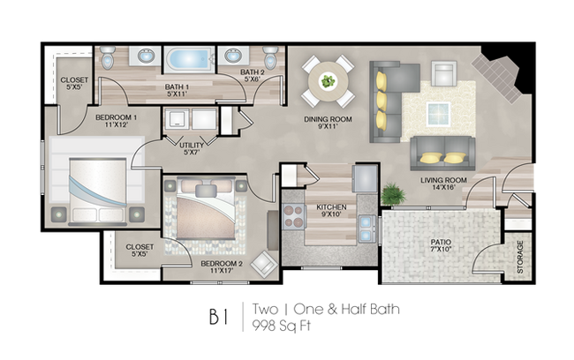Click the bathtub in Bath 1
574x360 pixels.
(189, 59)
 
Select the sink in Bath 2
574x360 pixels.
(233, 56)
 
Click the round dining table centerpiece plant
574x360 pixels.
(328, 81)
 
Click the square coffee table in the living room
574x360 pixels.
(439, 114)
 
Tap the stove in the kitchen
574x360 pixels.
(293, 216)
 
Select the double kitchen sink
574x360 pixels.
(366, 229)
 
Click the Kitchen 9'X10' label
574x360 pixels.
(331, 211)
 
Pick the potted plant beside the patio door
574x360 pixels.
(393, 193)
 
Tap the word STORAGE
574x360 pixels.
(520, 257)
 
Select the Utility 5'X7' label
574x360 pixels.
(192, 149)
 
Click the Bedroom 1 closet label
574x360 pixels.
(74, 84)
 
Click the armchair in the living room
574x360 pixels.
(443, 73)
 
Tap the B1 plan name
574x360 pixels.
(219, 317)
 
